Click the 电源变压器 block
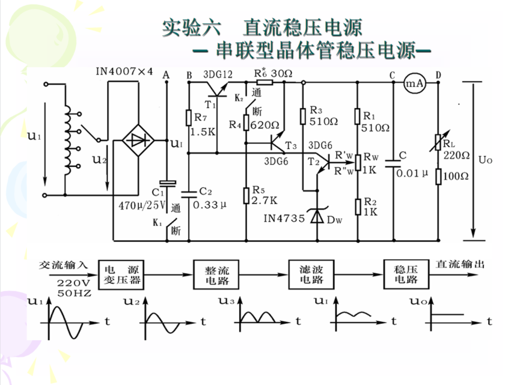point(123,274)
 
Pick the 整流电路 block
point(213,274)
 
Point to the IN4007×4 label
point(123,71)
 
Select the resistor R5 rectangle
point(246,195)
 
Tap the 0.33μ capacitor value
point(210,205)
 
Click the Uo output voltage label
point(485,160)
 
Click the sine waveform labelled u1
point(66,318)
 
